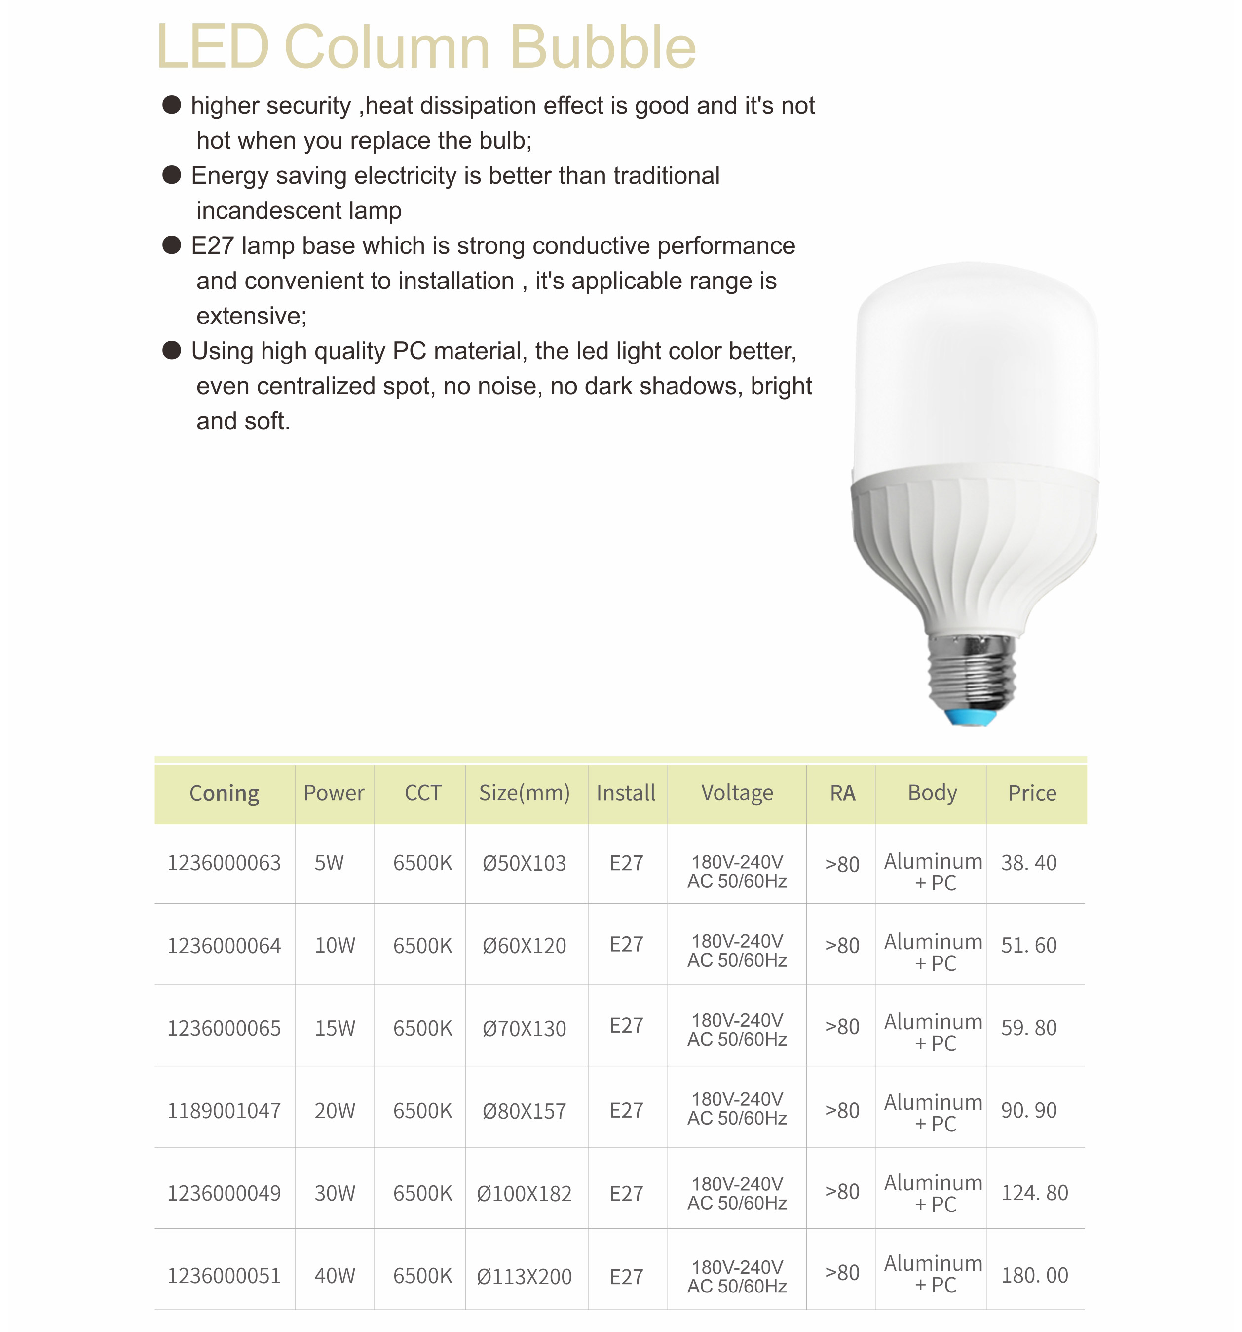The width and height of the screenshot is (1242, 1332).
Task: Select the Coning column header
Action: coord(225,793)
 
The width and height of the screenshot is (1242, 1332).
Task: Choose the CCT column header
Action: coord(422,793)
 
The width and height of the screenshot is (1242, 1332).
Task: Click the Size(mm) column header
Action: coord(524,793)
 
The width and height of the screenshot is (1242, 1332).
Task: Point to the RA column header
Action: coord(842,793)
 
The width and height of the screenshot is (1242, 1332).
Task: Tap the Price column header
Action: coord(1032,793)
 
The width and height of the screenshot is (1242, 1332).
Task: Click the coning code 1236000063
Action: coord(225,863)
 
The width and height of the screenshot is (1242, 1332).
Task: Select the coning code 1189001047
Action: coord(225,1110)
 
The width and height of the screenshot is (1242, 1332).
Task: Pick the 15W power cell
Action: coord(335,1028)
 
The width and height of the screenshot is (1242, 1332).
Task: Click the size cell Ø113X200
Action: coord(524,1276)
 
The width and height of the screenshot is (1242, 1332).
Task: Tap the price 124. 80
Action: coord(1034,1193)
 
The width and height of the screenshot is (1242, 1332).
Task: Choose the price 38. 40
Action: coord(1028,863)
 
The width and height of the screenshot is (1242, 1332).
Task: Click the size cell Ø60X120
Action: coord(524,945)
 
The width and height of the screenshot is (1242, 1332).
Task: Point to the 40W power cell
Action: coord(335,1276)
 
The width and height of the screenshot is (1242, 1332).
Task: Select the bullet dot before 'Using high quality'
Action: coord(172,351)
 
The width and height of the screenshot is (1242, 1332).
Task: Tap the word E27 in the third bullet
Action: coord(212,246)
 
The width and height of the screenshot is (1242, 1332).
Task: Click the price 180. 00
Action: coord(1034,1275)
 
